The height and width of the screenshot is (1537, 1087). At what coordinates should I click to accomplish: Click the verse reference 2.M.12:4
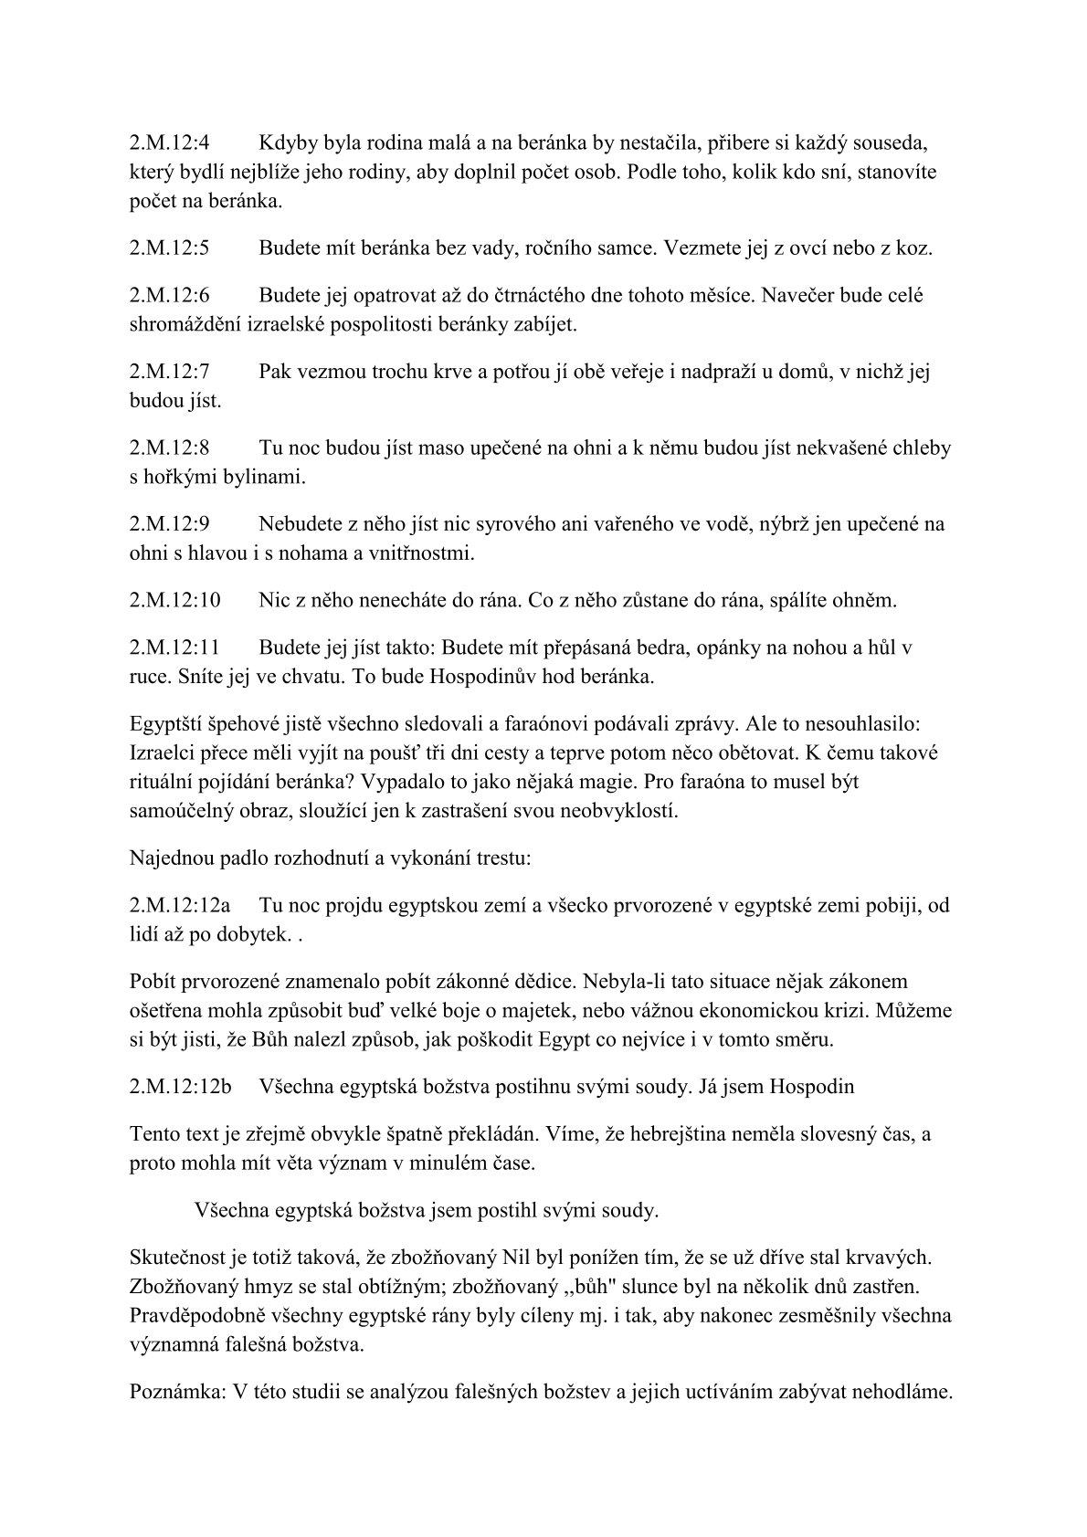[171, 143]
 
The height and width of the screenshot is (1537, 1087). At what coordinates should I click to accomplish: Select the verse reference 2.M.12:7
[171, 372]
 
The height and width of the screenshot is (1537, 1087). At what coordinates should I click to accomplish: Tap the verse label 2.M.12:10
[175, 601]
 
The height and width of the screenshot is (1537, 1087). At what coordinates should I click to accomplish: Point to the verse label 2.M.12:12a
[180, 905]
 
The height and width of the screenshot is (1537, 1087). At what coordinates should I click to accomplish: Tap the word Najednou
[173, 858]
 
